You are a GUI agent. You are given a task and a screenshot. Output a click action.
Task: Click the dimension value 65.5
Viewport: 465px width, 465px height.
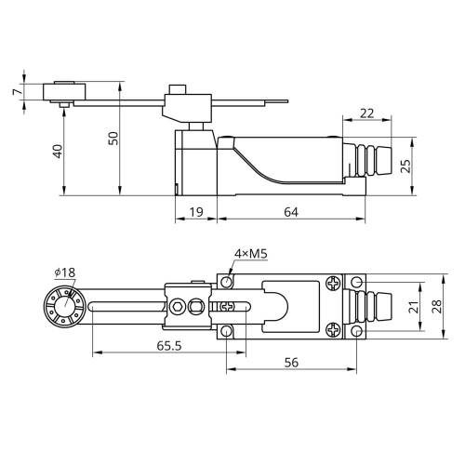168,346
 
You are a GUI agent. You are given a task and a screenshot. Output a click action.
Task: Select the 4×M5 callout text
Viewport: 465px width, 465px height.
251,254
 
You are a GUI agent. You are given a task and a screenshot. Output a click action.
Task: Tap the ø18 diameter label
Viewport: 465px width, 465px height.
65,272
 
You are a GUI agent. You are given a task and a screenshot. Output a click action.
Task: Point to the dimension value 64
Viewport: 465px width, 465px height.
291,212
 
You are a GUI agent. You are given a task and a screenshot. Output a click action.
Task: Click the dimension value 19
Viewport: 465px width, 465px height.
196,212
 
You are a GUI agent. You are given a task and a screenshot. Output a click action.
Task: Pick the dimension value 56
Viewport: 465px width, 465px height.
291,363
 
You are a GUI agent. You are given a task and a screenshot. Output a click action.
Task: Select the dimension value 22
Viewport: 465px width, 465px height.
367,113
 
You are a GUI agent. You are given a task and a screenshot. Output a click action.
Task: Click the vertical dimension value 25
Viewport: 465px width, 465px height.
405,166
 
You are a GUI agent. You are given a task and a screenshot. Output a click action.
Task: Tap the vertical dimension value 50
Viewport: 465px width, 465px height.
113,139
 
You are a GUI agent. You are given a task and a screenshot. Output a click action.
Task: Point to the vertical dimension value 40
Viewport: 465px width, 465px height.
58,151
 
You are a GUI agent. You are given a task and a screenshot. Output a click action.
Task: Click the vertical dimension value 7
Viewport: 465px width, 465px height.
18,92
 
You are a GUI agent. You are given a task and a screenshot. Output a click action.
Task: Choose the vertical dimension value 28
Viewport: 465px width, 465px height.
437,306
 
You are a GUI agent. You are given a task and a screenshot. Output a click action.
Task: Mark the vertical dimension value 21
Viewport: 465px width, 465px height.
414,306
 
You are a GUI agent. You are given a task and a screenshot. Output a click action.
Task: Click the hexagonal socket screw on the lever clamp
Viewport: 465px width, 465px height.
176,307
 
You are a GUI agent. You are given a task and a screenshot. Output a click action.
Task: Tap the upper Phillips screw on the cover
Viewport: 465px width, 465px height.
334,283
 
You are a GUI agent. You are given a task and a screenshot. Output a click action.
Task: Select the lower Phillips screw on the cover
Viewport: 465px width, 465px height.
334,330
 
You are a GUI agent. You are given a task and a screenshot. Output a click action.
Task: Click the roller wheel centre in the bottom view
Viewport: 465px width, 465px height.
64,306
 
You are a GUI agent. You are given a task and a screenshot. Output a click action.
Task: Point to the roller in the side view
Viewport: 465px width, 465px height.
64,92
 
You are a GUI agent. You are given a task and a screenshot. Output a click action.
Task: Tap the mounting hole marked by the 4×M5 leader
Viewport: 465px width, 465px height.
227,283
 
